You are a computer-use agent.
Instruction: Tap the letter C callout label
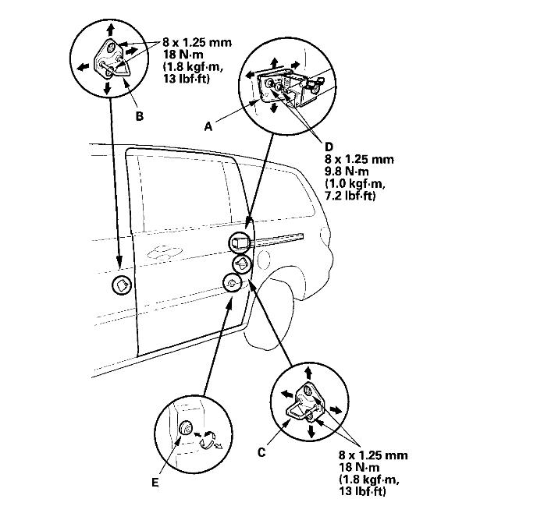(x=262, y=450)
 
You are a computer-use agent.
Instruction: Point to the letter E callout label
(x=155, y=483)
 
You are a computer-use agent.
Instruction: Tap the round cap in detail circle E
(x=187, y=429)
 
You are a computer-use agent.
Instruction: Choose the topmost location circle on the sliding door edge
(x=239, y=243)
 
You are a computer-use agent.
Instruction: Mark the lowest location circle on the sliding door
(x=232, y=284)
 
